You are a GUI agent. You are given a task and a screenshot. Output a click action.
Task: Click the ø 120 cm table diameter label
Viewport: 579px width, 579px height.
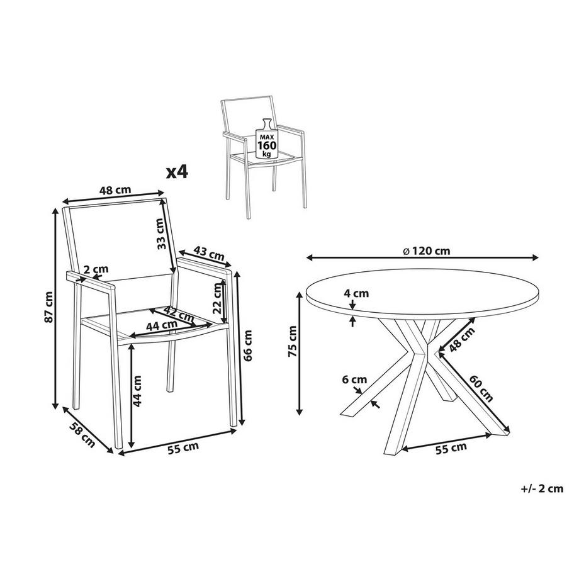[426, 250]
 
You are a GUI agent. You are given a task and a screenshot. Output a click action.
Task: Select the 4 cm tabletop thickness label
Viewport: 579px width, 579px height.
[357, 293]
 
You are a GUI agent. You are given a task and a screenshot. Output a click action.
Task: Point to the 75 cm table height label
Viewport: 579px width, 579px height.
[291, 343]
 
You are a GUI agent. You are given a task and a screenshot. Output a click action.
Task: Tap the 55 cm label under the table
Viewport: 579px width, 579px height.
[451, 447]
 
